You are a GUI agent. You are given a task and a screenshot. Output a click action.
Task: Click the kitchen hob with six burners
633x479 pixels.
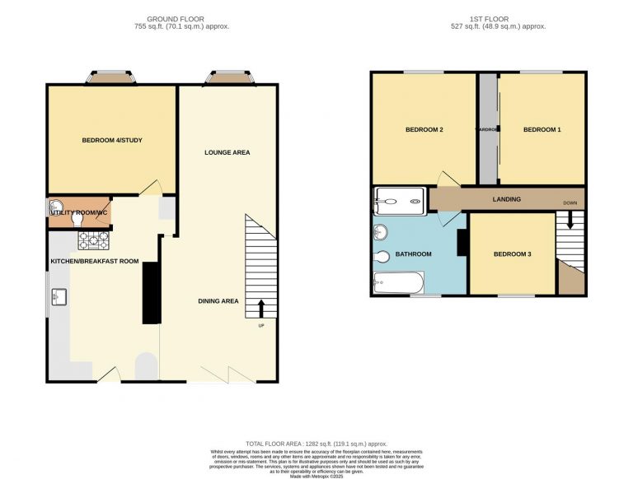(x=94, y=240)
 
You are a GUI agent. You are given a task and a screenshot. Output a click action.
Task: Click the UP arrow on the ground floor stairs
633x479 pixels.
(x=262, y=308)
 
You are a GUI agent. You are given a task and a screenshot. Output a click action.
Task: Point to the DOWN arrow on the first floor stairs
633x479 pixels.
(x=570, y=221)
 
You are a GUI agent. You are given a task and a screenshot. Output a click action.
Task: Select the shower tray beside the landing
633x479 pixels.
(x=400, y=198)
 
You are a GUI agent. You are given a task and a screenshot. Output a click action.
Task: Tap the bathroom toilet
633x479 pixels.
(x=382, y=258)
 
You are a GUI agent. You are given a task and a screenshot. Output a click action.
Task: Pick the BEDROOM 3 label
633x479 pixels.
(x=512, y=254)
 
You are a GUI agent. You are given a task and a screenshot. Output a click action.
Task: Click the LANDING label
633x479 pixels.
(x=506, y=199)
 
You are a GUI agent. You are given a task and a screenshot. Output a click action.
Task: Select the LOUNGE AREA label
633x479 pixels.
(x=227, y=152)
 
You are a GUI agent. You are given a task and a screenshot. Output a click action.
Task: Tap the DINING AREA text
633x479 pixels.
(x=218, y=301)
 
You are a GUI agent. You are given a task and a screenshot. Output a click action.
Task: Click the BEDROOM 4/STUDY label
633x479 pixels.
(x=112, y=141)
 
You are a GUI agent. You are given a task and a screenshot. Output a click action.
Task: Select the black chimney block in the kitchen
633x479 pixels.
(x=152, y=293)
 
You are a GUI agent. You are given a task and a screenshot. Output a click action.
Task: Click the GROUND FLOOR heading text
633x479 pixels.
(x=176, y=18)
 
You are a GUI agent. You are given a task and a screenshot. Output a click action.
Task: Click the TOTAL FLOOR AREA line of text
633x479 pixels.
(x=317, y=444)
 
